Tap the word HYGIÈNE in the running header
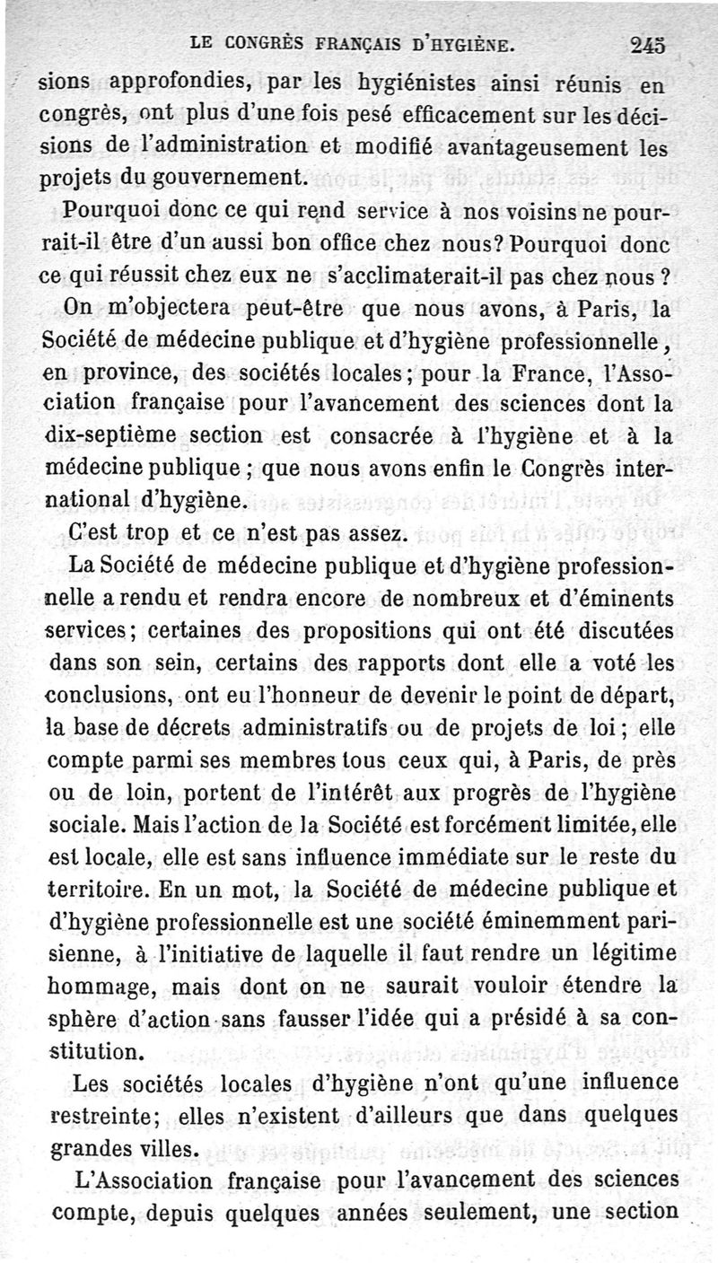[x=470, y=42]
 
